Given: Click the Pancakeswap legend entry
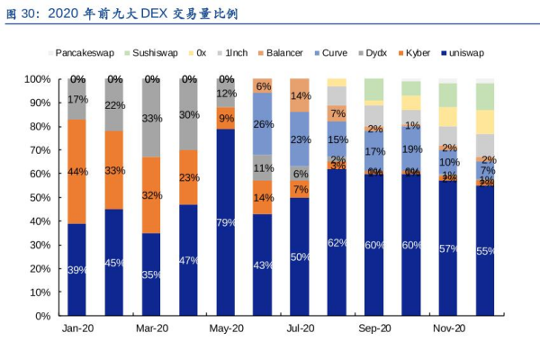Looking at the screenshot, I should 84,53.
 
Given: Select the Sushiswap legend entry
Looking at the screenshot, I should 155,53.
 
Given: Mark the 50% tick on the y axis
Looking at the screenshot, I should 39,197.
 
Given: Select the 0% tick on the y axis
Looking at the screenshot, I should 41,316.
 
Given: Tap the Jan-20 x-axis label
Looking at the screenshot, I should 77,329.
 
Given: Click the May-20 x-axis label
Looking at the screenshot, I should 226,329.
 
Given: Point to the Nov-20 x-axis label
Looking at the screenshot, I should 447,329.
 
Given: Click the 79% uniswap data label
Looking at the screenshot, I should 226,222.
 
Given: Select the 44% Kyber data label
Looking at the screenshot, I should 77,172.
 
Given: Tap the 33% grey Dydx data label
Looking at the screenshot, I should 152,118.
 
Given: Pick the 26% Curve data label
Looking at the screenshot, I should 264,124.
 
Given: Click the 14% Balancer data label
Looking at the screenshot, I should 301,95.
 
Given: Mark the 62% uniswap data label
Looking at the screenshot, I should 337,242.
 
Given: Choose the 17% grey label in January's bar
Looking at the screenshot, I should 77,100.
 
